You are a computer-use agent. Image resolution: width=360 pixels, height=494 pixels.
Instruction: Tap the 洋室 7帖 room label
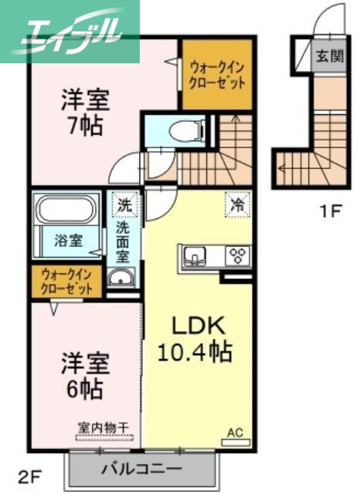click(85, 112)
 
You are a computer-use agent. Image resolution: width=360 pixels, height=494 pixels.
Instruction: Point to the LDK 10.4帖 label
click(194, 340)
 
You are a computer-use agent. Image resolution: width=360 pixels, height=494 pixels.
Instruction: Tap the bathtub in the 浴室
click(65, 211)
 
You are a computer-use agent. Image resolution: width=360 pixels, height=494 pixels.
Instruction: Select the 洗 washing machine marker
click(124, 206)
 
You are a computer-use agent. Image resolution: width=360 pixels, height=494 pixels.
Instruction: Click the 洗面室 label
click(124, 243)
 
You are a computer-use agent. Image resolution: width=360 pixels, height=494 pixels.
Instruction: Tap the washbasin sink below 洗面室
click(121, 279)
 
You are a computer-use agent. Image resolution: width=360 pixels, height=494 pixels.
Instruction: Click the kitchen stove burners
click(236, 255)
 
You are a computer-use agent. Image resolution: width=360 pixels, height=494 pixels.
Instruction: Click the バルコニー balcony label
click(141, 469)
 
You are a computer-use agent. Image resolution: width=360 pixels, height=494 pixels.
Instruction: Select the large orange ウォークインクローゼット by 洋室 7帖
click(217, 73)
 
